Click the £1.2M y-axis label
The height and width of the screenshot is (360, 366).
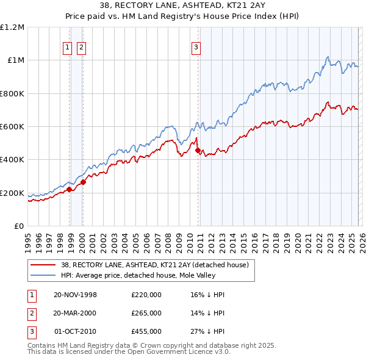click(x=13, y=27)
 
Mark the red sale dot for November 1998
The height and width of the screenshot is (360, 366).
click(x=70, y=189)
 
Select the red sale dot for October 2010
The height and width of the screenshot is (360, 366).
click(x=198, y=151)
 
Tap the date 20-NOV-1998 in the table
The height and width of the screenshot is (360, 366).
click(x=75, y=295)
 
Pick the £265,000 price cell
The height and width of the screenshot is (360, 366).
click(x=146, y=313)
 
